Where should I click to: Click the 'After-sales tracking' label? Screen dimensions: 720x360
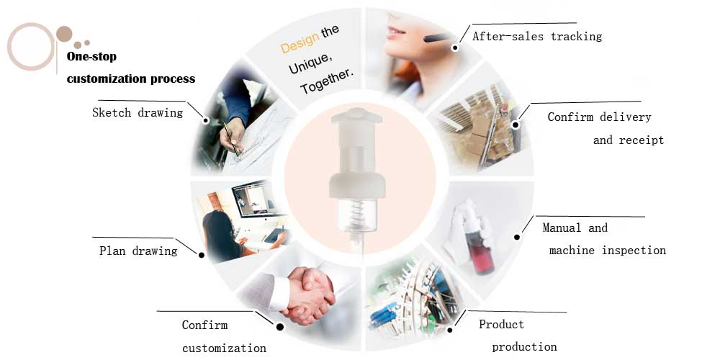click(x=537, y=36)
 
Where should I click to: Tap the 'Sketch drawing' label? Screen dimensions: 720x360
click(x=138, y=112)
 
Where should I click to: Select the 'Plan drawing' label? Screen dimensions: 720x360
click(x=138, y=251)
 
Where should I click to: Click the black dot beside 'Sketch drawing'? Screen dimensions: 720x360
click(x=206, y=120)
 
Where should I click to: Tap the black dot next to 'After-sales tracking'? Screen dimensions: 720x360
click(x=454, y=48)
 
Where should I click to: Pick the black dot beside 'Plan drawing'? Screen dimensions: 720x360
click(x=201, y=255)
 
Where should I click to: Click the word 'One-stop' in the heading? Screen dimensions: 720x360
click(x=91, y=56)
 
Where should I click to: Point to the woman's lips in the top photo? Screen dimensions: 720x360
click(x=393, y=32)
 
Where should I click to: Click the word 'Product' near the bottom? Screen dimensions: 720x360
click(x=501, y=324)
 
